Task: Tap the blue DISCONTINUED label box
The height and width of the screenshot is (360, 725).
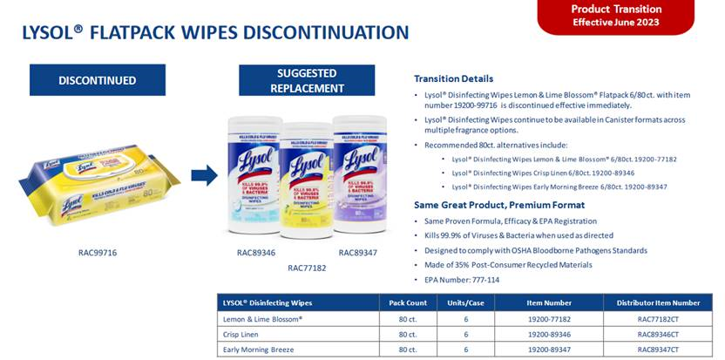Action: tap(98, 80)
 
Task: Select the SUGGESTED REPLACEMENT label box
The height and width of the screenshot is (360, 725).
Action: tap(311, 80)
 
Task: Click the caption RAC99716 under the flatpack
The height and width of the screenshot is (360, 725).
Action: tap(98, 253)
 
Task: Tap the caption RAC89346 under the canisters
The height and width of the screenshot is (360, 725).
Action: tap(256, 253)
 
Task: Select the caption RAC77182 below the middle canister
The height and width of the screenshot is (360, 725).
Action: tap(307, 268)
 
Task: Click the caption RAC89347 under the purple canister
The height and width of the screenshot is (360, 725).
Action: tap(358, 253)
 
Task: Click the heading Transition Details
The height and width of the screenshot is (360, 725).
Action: tap(453, 78)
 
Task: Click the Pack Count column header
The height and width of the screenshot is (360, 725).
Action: tap(407, 302)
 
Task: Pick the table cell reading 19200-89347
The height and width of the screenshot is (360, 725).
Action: tap(549, 350)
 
